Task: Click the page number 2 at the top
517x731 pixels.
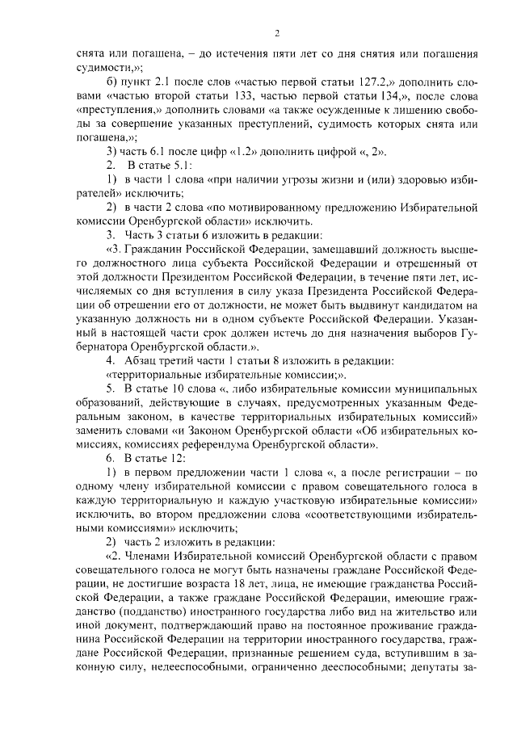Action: (x=276, y=33)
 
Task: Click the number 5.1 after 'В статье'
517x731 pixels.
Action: (x=176, y=165)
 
